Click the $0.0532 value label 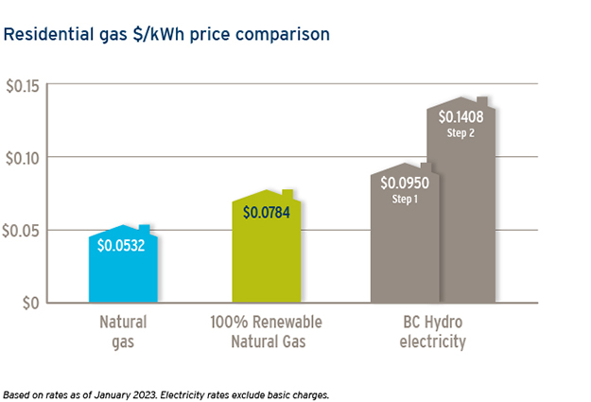tap(123, 245)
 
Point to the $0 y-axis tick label tap(31, 303)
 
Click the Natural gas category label tap(123, 331)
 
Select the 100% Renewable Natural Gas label tap(267, 331)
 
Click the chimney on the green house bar tap(288, 194)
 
